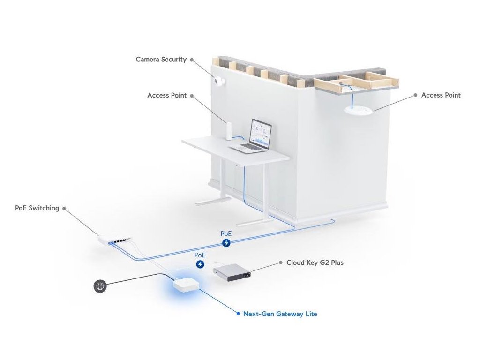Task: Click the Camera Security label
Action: click(x=161, y=60)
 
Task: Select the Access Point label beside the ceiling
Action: click(x=441, y=95)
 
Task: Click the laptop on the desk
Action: click(x=253, y=137)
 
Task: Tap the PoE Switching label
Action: click(x=37, y=208)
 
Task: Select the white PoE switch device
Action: click(x=115, y=240)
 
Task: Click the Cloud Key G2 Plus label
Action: click(x=315, y=262)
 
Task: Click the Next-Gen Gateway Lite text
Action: click(x=280, y=314)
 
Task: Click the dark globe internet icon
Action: click(x=100, y=286)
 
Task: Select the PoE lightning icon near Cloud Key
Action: click(x=200, y=264)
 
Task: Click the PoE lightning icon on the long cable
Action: click(x=226, y=242)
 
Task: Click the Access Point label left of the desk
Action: click(x=167, y=95)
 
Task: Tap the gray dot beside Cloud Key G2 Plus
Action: click(x=280, y=262)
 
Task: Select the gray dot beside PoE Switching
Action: click(x=64, y=208)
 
